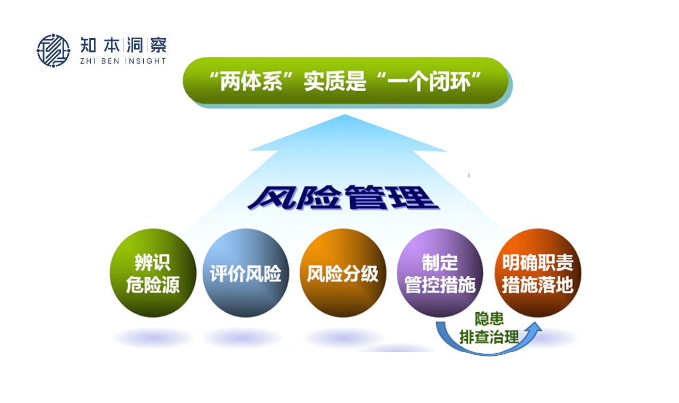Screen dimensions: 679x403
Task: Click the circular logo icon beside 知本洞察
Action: [x=54, y=50]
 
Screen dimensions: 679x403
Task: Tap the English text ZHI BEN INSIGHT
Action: [x=123, y=61]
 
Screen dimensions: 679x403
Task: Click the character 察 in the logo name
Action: [x=158, y=45]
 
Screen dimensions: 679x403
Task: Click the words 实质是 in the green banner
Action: [x=335, y=81]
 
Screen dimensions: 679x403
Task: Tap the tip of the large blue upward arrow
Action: [x=345, y=115]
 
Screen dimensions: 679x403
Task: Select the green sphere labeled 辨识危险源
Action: [x=153, y=273]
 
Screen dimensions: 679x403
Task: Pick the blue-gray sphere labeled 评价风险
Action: [x=246, y=273]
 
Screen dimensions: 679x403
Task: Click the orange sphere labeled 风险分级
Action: [x=343, y=273]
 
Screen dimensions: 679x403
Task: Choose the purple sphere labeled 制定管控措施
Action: [x=440, y=273]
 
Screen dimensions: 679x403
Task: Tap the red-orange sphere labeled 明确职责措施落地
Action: [x=538, y=273]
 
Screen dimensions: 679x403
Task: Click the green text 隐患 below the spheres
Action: [x=489, y=319]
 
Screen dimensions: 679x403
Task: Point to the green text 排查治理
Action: [x=489, y=337]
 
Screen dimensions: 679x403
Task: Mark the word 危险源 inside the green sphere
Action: [x=153, y=285]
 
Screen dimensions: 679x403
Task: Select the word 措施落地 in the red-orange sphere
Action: [x=537, y=285]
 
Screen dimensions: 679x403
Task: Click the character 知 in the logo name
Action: [x=88, y=45]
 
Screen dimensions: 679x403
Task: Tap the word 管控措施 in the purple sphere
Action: [x=440, y=285]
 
